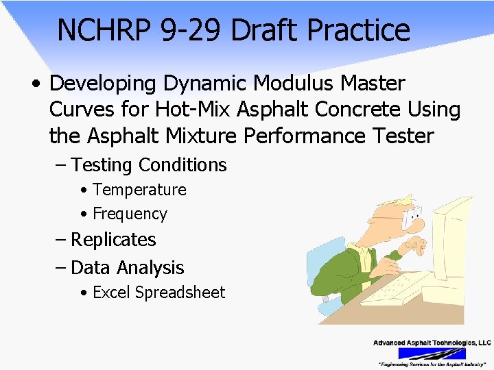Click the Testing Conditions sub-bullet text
tap(149, 165)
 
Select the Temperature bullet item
tap(139, 190)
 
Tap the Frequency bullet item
tap(130, 214)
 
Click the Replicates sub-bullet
tap(113, 240)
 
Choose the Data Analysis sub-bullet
tap(128, 267)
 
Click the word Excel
tap(112, 293)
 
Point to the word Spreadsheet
tap(180, 293)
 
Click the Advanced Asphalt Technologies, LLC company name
tap(432, 343)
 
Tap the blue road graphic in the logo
tap(432, 354)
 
